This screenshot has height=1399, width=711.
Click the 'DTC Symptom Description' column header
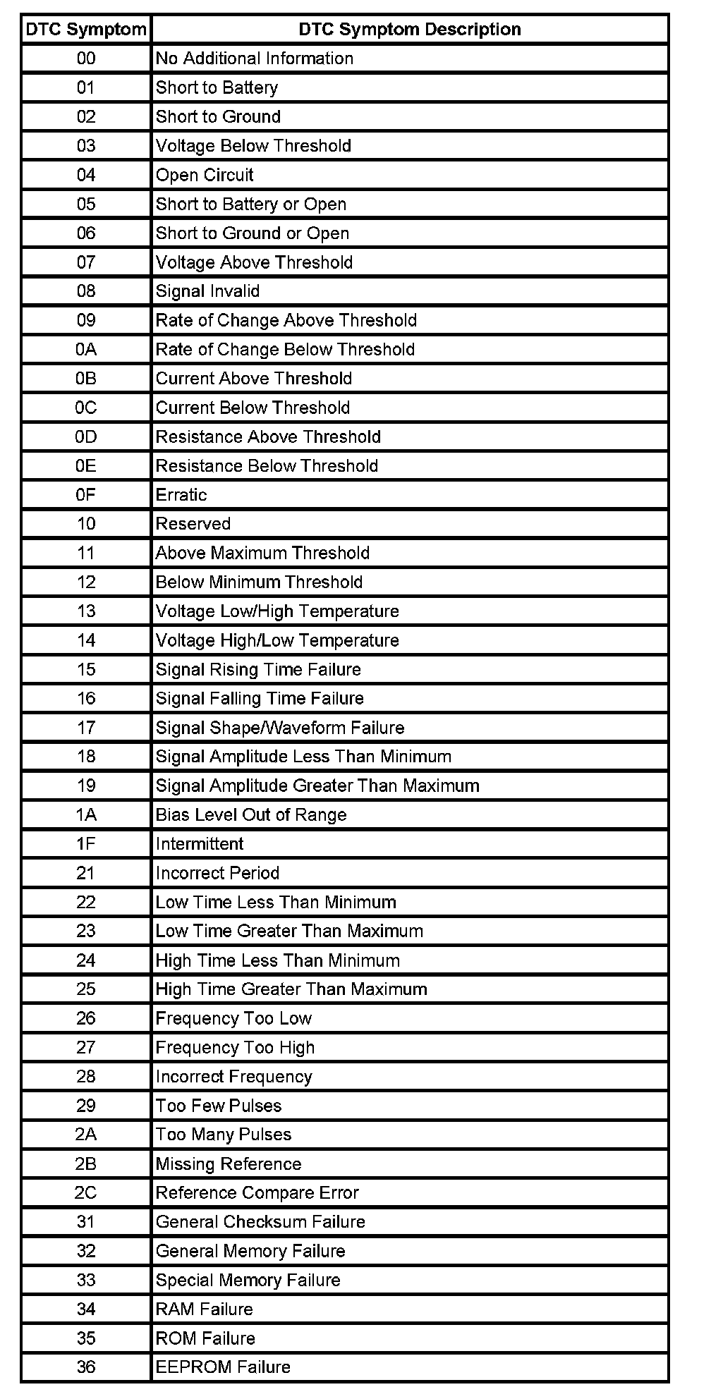coord(409,29)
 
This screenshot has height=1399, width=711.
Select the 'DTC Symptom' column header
coord(86,29)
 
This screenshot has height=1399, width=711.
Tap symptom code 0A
coord(86,349)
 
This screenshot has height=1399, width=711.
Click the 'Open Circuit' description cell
coord(205,175)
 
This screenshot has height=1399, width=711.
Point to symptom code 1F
coord(86,843)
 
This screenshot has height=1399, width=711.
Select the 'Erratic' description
coord(181,494)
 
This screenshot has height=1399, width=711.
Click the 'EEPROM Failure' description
coord(223,1367)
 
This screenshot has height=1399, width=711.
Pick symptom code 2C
coord(86,1192)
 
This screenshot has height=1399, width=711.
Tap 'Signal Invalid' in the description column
coord(207,291)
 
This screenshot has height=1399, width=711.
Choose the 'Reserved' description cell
coord(193,523)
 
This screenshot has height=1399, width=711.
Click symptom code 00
coord(86,58)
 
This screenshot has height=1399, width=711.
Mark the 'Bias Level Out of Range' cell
coord(251,814)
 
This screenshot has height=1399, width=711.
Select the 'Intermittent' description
coord(200,843)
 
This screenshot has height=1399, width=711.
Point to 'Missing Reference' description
coord(229,1163)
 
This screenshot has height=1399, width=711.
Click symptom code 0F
coord(86,494)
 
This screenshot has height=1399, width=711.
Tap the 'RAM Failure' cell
coord(204,1309)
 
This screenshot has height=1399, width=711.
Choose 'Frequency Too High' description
coord(235,1047)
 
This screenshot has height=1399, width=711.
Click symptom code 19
coord(86,786)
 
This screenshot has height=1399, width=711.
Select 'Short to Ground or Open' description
coord(253,233)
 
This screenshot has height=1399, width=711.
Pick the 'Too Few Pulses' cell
coord(219,1105)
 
